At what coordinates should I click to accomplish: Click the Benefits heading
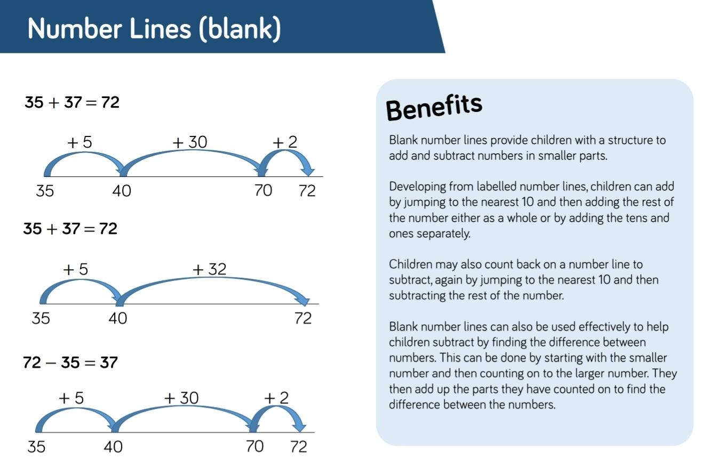434,108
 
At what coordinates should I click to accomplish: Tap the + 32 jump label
209,269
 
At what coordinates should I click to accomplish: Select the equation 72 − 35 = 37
70,363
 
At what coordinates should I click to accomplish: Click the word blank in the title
240,29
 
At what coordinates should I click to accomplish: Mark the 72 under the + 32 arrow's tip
303,318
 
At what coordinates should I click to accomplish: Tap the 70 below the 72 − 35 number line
254,446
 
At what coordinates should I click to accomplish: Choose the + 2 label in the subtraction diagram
276,398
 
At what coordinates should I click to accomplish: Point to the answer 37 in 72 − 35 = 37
109,363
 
